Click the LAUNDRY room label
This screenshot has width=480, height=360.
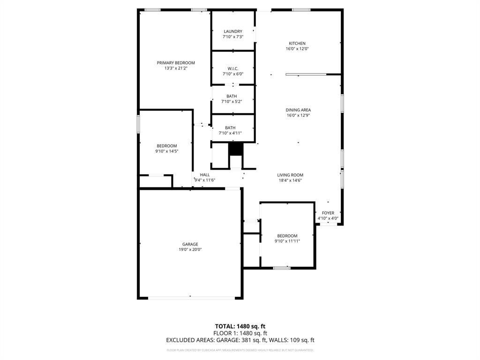[x=232, y=31]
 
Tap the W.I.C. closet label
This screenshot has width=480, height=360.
[x=232, y=68]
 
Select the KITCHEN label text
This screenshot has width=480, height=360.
[x=297, y=43]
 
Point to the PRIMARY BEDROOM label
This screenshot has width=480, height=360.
[x=176, y=63]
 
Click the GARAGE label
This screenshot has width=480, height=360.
[x=190, y=244]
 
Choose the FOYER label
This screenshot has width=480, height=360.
[x=328, y=213]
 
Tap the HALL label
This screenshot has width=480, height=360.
[x=205, y=174]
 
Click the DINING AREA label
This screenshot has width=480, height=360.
[x=298, y=110]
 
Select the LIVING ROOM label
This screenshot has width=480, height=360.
[x=290, y=175]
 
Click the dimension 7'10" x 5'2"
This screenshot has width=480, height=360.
[x=232, y=101]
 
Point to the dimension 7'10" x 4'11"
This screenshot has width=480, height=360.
[x=230, y=133]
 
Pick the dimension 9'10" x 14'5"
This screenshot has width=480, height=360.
[x=167, y=151]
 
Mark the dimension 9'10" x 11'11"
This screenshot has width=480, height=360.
[x=287, y=241]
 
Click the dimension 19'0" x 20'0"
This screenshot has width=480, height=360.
[x=190, y=249]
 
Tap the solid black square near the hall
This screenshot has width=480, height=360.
[x=236, y=149]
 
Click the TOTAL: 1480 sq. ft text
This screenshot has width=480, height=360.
[x=240, y=326]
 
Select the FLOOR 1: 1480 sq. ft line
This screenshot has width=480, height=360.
[x=240, y=333]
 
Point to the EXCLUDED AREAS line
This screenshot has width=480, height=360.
[x=240, y=340]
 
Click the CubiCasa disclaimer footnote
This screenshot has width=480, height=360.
[x=240, y=350]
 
